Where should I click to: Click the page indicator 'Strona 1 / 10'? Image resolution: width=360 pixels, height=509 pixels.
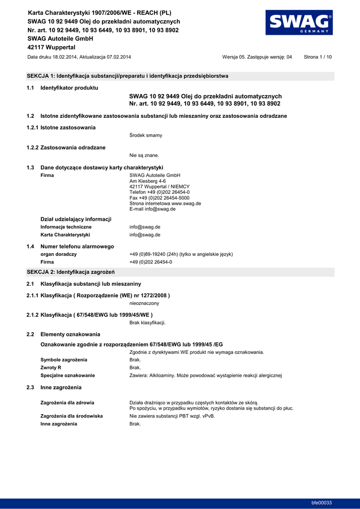pyautogui.click(x=318, y=57)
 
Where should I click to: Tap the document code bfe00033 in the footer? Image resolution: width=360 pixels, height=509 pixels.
pyautogui.click(x=321, y=503)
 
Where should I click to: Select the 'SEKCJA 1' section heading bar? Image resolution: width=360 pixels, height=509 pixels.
pyautogui.click(x=180, y=76)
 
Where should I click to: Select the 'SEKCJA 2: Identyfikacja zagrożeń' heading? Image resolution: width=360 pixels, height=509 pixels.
pyautogui.click(x=71, y=272)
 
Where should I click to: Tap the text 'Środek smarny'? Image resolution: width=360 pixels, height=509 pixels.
pyautogui.click(x=146, y=135)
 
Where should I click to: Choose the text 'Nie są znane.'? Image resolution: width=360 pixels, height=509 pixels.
pyautogui.click(x=144, y=155)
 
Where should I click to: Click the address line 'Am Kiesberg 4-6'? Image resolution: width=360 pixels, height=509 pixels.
pyautogui.click(x=148, y=181)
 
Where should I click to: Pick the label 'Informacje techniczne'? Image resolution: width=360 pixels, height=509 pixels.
pyautogui.click(x=66, y=227)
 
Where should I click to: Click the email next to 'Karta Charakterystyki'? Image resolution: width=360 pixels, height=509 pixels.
pyautogui.click(x=145, y=235)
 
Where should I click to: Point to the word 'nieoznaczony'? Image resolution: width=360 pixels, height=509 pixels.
pyautogui.click(x=144, y=303)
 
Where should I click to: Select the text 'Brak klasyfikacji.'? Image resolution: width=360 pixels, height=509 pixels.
pyautogui.click(x=148, y=323)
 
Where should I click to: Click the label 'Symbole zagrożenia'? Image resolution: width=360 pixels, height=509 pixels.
pyautogui.click(x=64, y=359)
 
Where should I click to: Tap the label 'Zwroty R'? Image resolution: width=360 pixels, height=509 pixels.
pyautogui.click(x=51, y=367)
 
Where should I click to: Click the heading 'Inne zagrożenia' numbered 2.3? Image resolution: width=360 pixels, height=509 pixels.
pyautogui.click(x=61, y=387)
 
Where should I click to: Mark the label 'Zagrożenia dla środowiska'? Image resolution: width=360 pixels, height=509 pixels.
pyautogui.click(x=72, y=416)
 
